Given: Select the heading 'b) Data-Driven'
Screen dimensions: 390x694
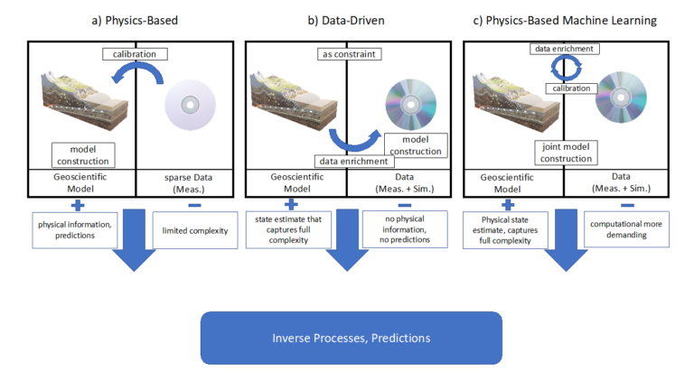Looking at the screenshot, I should click(352, 19).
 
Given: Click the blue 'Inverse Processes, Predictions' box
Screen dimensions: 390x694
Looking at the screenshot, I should click(351, 338).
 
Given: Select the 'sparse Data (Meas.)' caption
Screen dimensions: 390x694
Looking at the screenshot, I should click(190, 184).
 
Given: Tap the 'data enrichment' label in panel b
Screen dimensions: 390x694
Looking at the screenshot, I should click(353, 162).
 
